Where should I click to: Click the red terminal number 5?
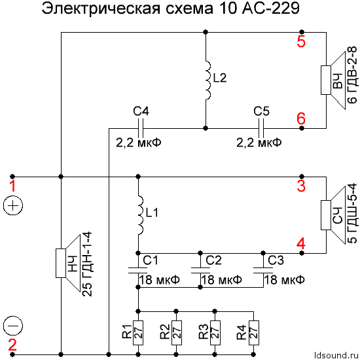click(301, 43)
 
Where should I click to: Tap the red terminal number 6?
click(301, 118)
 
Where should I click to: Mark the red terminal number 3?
click(301, 187)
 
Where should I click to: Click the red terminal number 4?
click(301, 244)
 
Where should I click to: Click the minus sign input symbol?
click(14, 325)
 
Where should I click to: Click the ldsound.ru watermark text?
click(334, 356)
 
